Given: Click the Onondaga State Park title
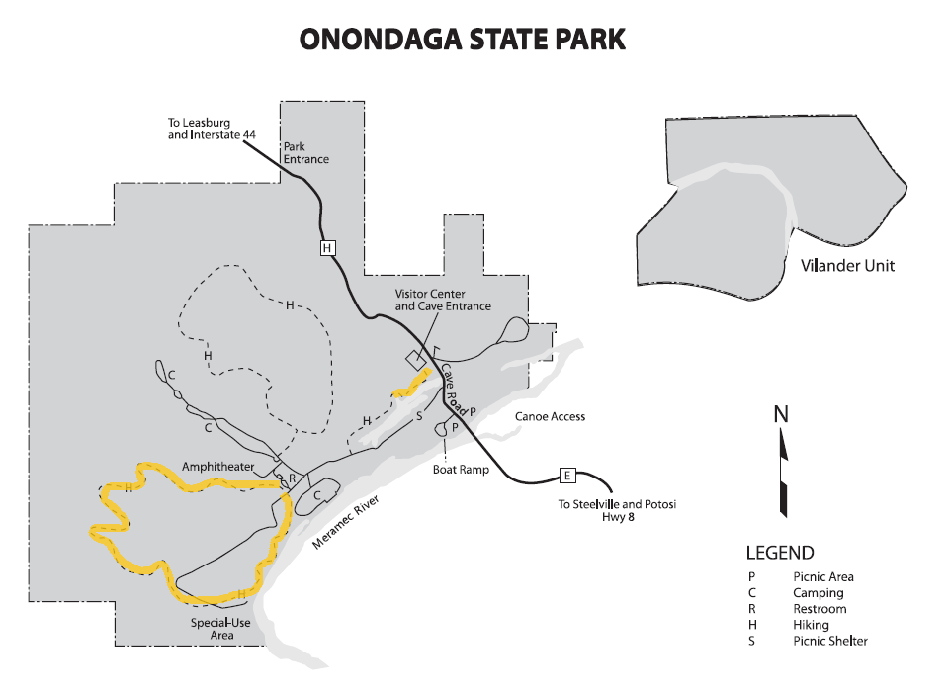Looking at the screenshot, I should (x=463, y=41).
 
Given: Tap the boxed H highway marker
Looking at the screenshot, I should (x=327, y=248).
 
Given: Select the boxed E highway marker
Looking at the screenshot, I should (x=567, y=476).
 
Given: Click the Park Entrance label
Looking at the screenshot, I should (x=305, y=152).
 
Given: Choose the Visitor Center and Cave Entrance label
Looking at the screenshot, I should (x=443, y=300).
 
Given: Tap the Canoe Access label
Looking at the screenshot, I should (x=550, y=416).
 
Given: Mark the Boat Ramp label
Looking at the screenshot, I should (x=461, y=470).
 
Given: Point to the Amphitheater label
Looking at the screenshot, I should (x=218, y=466).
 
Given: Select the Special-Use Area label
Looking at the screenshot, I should (x=220, y=629).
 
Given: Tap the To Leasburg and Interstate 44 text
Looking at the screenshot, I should (x=213, y=128).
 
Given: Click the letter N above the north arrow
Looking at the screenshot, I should (x=781, y=414).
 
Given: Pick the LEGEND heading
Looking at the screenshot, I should (x=780, y=553).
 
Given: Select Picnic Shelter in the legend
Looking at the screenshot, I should (x=830, y=641).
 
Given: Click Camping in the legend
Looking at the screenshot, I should (x=818, y=593).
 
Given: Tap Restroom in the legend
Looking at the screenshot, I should (x=820, y=609).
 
